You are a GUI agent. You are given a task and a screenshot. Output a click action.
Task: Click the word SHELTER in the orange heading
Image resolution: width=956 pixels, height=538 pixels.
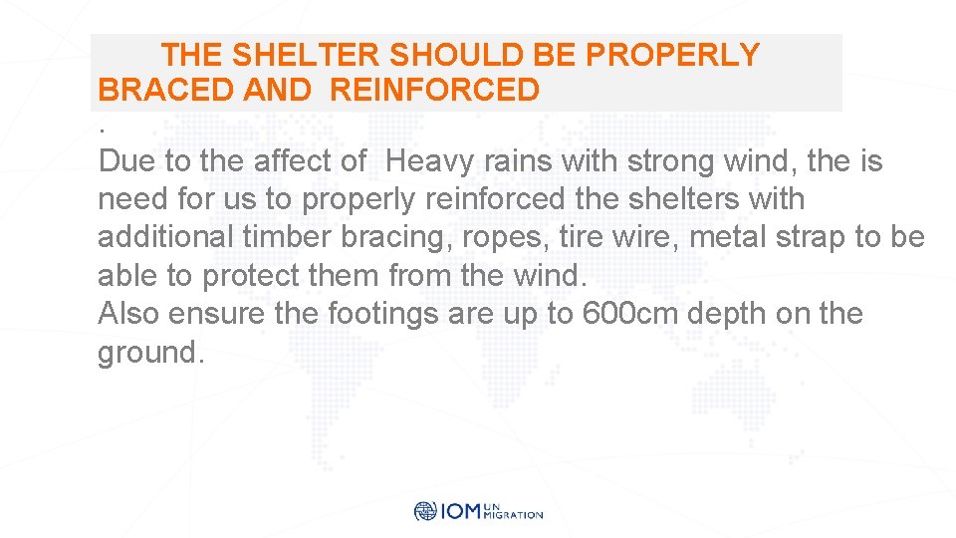[304, 55]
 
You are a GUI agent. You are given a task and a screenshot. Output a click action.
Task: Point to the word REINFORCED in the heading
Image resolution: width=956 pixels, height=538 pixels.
[434, 91]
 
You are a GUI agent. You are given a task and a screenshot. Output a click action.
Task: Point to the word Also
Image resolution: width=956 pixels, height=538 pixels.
[129, 314]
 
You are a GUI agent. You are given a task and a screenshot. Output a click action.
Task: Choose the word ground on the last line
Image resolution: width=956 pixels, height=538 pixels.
[145, 353]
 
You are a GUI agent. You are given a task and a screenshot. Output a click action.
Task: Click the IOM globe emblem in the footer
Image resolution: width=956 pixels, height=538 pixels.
[425, 511]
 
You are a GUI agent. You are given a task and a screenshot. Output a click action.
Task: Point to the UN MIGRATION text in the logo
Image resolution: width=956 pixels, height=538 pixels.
[512, 511]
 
